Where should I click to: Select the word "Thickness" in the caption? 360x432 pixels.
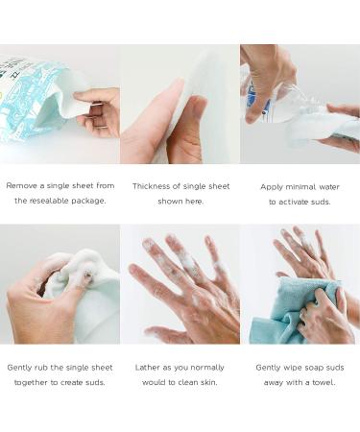[154, 186]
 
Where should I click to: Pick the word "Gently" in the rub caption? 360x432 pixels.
[22, 367]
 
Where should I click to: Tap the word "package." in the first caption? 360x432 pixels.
[89, 202]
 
